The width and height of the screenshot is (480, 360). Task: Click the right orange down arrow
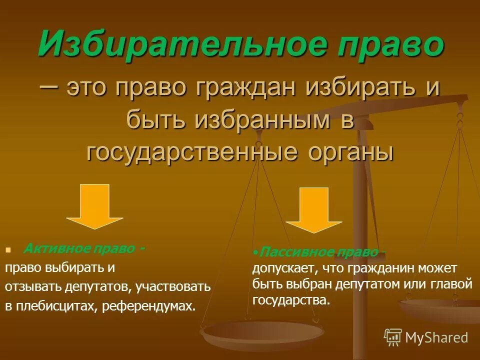point(313,209)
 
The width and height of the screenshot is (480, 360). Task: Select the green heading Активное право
point(85,248)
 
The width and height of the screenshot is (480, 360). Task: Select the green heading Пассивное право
point(320,253)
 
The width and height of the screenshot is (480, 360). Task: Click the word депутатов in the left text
point(97,287)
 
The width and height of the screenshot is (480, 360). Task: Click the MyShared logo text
point(436,337)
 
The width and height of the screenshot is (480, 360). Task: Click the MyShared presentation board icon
point(393,337)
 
